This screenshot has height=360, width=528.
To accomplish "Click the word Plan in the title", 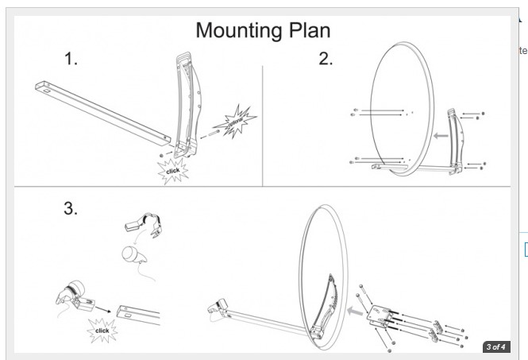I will point(310,30).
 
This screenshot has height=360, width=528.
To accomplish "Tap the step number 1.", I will point(71,60).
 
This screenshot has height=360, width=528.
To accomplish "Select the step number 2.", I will point(326,60).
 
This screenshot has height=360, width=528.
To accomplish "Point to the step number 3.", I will point(71,208).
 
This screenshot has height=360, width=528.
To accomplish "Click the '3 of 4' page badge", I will point(495,346).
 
